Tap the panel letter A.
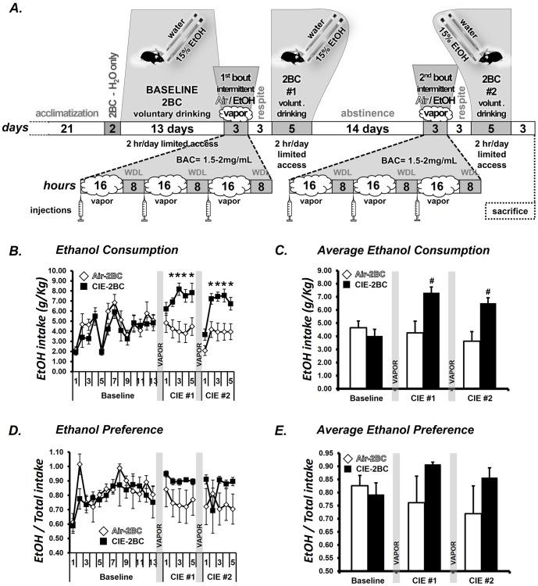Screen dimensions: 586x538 [13, 9]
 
